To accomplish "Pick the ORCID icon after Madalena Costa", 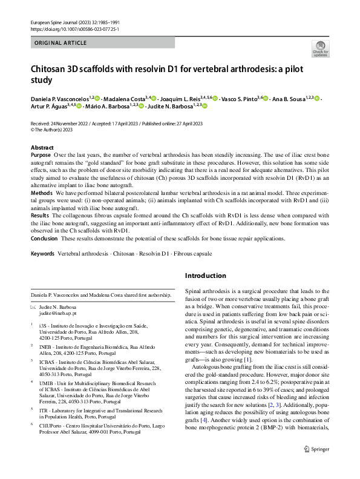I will (x=154, y=98).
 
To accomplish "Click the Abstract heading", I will (x=42, y=148).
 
